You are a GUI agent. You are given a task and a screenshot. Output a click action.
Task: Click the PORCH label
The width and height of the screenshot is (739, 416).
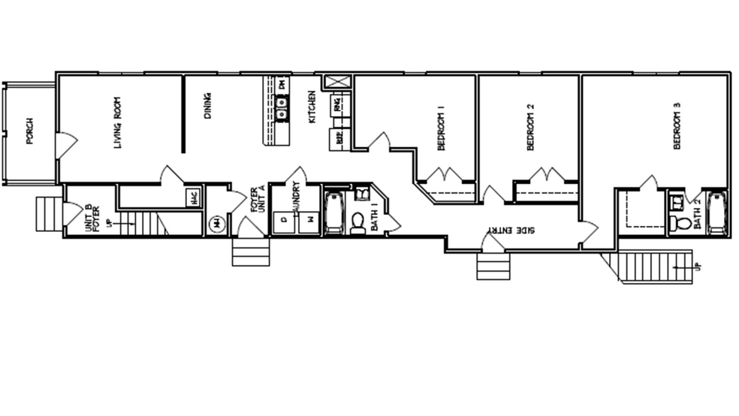click(29, 131)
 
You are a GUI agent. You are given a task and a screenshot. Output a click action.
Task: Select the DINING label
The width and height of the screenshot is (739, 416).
click(207, 106)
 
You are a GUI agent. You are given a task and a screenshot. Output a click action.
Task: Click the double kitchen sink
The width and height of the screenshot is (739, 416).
click(282, 113)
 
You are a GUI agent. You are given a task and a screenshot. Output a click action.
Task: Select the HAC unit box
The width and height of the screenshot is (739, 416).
click(193, 197)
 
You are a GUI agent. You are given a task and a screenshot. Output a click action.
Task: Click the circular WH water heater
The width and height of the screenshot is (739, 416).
click(217, 223)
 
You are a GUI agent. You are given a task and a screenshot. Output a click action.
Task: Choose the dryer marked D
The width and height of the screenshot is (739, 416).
click(283, 221)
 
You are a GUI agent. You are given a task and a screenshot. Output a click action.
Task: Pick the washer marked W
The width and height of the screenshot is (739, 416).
click(308, 221)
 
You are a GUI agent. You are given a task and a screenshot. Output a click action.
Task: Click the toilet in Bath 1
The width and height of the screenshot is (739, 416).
click(358, 222)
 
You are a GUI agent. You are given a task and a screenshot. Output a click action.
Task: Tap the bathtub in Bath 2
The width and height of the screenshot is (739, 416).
click(716, 213)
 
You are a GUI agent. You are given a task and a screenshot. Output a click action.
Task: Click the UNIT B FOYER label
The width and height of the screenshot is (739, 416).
click(93, 217)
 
